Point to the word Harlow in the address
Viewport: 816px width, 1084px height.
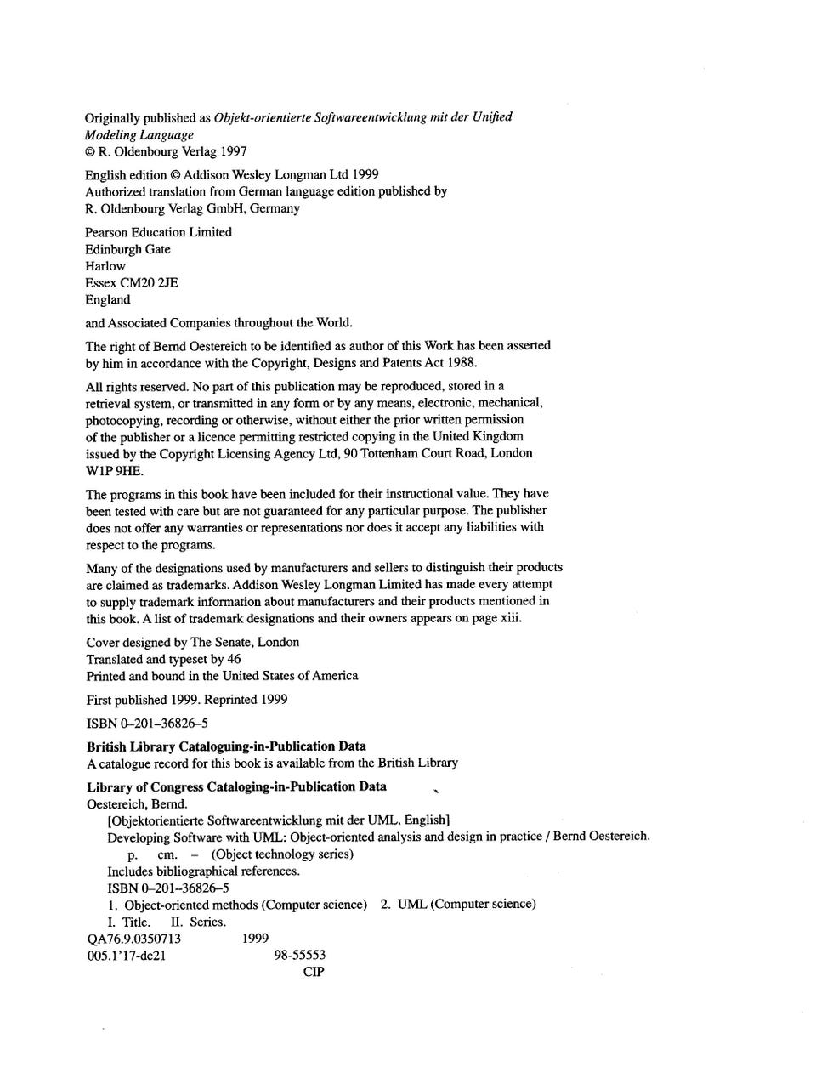pyautogui.click(x=105, y=266)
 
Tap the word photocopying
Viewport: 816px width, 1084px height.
pyautogui.click(x=121, y=420)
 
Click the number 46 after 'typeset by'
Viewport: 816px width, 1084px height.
pyautogui.click(x=234, y=659)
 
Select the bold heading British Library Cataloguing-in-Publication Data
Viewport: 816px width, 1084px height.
pyautogui.click(x=227, y=746)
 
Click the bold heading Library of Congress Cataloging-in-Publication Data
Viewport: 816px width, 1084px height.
pyautogui.click(x=236, y=786)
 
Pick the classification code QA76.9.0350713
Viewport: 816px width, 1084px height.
pyautogui.click(x=133, y=939)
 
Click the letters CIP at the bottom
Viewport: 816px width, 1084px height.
pyautogui.click(x=313, y=972)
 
